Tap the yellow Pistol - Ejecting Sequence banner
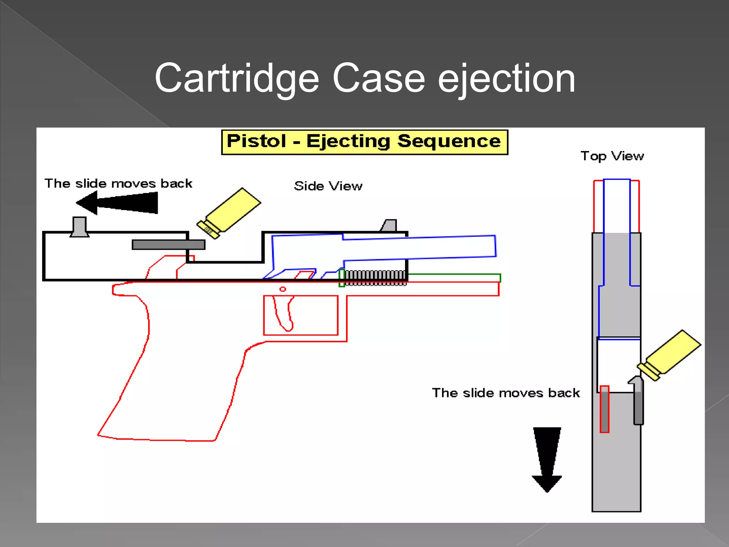click(x=364, y=142)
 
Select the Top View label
click(x=612, y=156)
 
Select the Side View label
click(x=328, y=186)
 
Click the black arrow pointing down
click(x=547, y=459)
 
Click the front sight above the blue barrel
click(x=389, y=225)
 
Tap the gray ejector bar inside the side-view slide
click(x=168, y=245)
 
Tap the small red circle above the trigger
click(x=283, y=289)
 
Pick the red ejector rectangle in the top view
click(x=604, y=409)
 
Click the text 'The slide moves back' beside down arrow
click(x=506, y=393)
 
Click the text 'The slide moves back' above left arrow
click(x=118, y=184)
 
